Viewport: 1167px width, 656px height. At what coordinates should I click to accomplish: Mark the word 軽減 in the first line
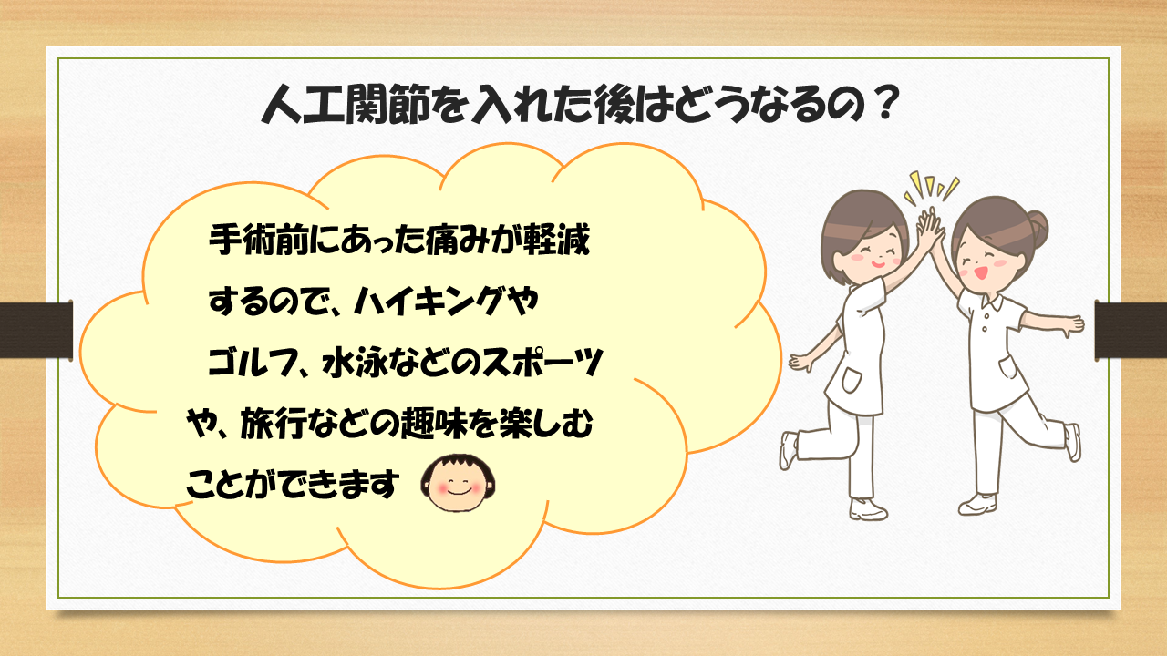click(557, 241)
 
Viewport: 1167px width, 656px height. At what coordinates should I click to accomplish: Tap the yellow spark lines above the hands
click(929, 187)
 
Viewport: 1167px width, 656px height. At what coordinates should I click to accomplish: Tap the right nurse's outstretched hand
click(1076, 323)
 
